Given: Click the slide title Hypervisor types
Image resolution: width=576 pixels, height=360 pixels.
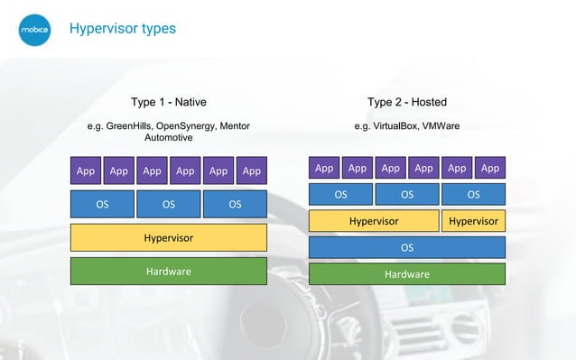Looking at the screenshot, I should [122, 29].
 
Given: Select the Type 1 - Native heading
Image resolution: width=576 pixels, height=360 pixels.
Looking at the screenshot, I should [168, 102].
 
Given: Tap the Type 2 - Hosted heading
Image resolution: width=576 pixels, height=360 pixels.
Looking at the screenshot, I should [406, 102].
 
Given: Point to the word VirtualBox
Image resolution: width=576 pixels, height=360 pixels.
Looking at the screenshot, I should [396, 126].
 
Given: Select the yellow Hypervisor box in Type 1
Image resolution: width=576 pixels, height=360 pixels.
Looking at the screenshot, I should [168, 238].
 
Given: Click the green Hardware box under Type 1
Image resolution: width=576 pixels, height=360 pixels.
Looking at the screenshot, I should [168, 271].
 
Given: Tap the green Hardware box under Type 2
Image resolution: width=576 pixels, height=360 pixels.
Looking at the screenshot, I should [406, 274].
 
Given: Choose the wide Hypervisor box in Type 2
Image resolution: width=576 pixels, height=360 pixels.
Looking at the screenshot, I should [373, 221].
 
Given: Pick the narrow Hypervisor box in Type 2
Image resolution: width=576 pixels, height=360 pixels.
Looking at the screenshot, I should [473, 221].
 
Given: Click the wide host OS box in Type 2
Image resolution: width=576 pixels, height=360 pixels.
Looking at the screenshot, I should [406, 247].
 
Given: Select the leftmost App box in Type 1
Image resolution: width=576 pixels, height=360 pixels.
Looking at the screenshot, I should [86, 171].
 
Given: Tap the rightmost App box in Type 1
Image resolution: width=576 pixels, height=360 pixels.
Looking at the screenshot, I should [251, 171].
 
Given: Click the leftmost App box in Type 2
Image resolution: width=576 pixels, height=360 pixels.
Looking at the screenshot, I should [324, 168].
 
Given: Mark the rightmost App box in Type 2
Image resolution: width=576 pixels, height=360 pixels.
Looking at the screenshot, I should [489, 168].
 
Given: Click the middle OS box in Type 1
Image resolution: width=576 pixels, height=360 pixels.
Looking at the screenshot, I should [168, 204].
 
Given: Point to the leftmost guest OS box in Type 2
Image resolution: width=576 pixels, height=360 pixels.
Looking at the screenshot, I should [340, 194].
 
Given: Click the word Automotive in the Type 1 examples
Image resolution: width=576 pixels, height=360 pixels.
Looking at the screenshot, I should [168, 138].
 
